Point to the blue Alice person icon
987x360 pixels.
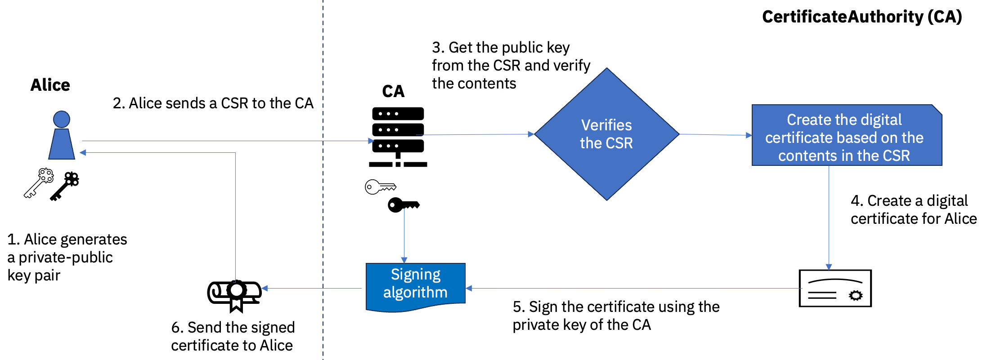tap(62, 136)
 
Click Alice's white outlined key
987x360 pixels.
tap(39, 183)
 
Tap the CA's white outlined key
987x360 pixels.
tap(379, 187)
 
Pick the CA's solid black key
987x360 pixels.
tap(403, 205)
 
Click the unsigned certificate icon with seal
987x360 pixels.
tap(835, 289)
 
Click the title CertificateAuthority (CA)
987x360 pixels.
tap(861, 17)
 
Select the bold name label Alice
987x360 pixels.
tap(50, 85)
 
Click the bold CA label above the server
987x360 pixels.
tap(393, 91)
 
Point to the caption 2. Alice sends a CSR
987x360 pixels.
tap(213, 103)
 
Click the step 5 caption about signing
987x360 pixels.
tap(615, 316)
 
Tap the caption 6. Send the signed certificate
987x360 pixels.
tap(233, 336)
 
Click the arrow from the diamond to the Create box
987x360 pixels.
tap(715, 134)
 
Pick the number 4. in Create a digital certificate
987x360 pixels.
tap(857, 201)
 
